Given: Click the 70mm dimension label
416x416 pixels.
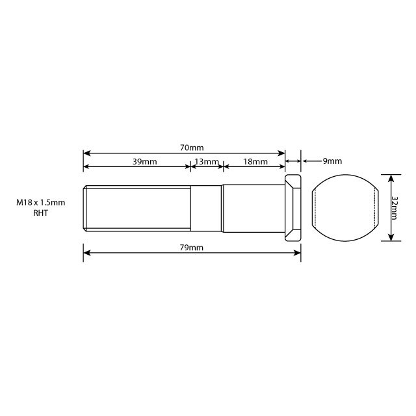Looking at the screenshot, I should pyautogui.click(x=192, y=148).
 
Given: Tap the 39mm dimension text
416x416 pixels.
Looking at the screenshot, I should pyautogui.click(x=144, y=161).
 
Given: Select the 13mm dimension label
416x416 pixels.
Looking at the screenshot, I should pyautogui.click(x=207, y=161).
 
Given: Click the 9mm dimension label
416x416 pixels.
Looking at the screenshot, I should pyautogui.click(x=331, y=161).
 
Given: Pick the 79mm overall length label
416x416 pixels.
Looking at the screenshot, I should pyautogui.click(x=192, y=248).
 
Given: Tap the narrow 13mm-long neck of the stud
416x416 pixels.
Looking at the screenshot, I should pyautogui.click(x=207, y=208).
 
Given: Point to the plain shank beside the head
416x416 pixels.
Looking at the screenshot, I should pyautogui.click(x=253, y=208).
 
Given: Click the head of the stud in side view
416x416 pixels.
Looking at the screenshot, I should pyautogui.click(x=293, y=208).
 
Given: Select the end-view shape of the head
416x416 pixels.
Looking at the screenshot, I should pyautogui.click(x=345, y=207).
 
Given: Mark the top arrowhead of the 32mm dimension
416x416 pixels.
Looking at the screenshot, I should pyautogui.click(x=390, y=177).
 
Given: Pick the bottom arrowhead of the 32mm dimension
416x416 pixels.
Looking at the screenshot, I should pyautogui.click(x=390, y=237).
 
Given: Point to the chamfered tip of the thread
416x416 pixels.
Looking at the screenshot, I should pyautogui.click(x=85, y=208).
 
